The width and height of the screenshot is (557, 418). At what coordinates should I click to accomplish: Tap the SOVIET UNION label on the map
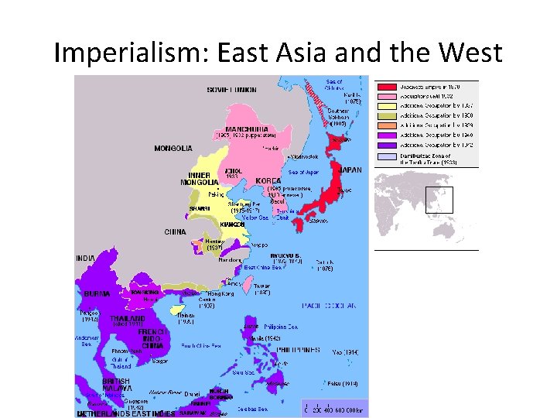pyautogui.click(x=232, y=90)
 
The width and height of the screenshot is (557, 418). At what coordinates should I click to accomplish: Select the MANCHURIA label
pyautogui.click(x=247, y=128)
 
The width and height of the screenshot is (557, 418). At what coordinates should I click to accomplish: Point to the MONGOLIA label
pyautogui.click(x=174, y=148)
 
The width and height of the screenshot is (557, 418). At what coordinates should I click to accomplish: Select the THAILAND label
pyautogui.click(x=128, y=318)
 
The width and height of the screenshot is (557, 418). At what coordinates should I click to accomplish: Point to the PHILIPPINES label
pyautogui.click(x=299, y=350)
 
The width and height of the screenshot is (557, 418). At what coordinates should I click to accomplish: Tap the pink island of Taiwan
pyautogui.click(x=248, y=285)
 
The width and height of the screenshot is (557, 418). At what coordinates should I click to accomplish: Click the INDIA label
pyautogui.click(x=85, y=257)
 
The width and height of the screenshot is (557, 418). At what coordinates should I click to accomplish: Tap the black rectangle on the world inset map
pyautogui.click(x=439, y=200)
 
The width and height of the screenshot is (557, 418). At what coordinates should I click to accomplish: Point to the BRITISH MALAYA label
pyautogui.click(x=118, y=384)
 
